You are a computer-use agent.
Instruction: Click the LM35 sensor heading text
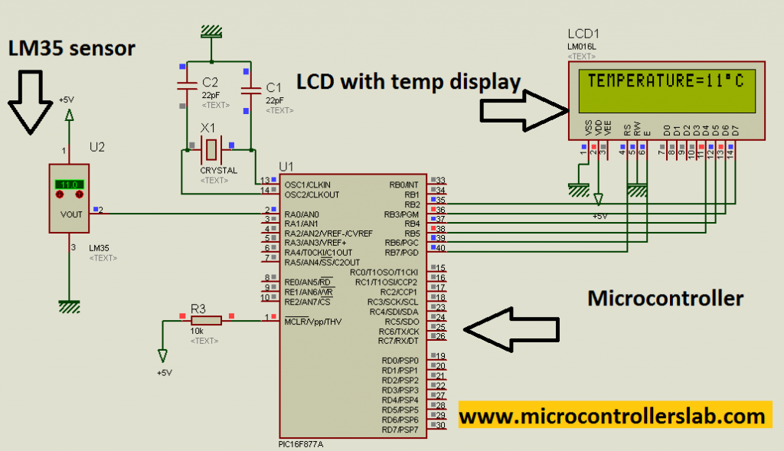click(71, 48)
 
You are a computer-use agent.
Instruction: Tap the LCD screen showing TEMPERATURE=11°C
click(665, 82)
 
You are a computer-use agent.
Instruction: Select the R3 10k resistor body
click(206, 319)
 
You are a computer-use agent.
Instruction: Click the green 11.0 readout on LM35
click(69, 185)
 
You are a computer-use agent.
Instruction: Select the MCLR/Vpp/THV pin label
click(312, 321)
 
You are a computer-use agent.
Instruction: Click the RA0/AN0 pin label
click(301, 214)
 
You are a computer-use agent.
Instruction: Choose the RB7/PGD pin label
click(400, 252)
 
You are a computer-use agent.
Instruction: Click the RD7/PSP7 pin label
click(400, 429)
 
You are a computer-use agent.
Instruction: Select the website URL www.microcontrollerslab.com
click(612, 417)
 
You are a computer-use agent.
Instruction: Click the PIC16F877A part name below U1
click(301, 445)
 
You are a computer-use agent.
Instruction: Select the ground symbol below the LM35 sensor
click(70, 306)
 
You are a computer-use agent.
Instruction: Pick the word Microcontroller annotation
click(665, 298)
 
